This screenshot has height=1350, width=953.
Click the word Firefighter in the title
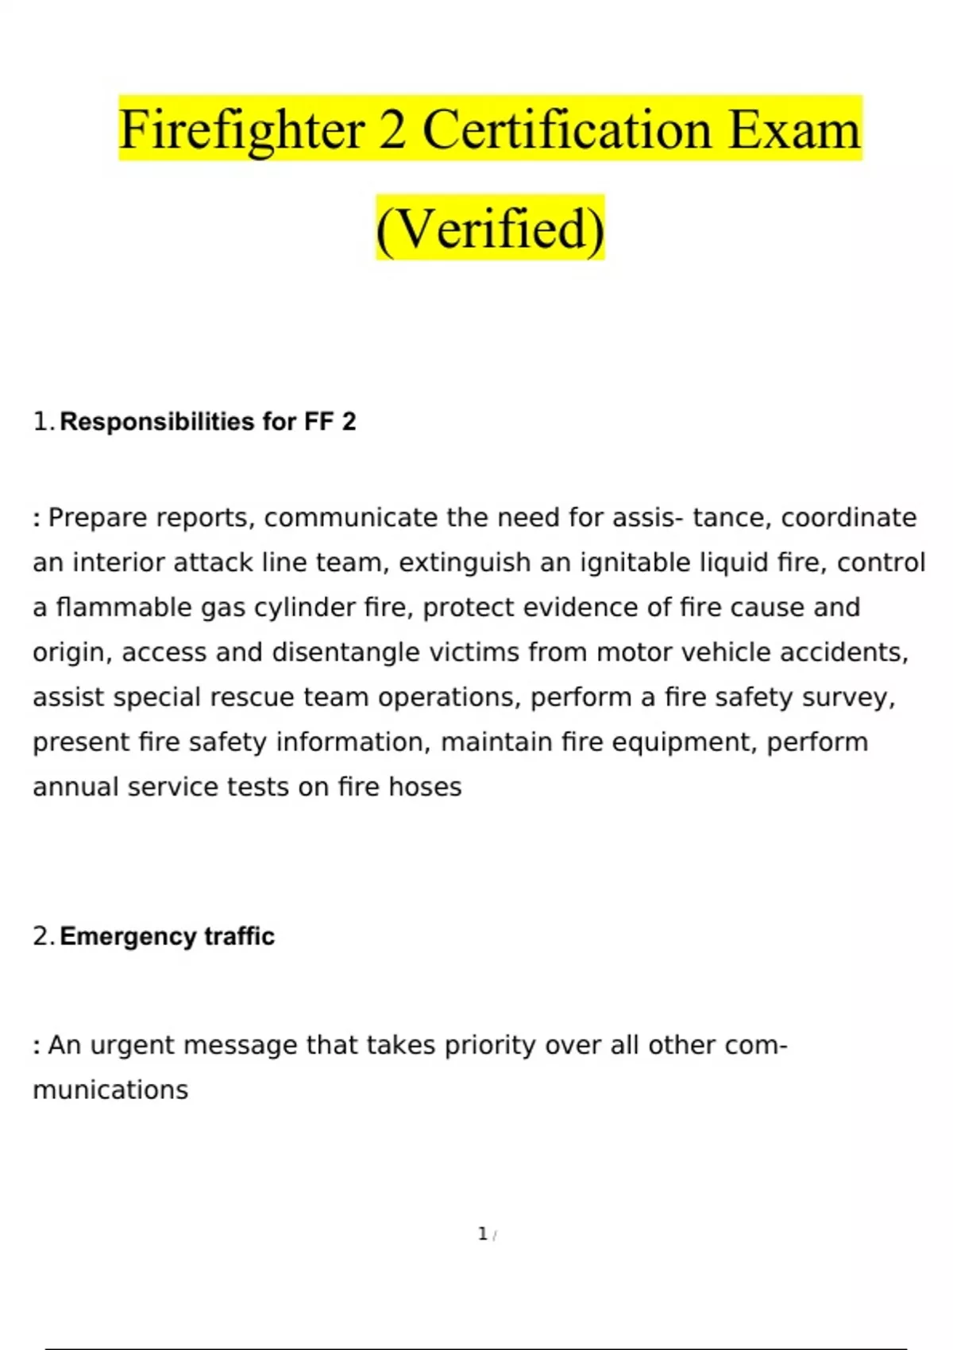pyautogui.click(x=241, y=130)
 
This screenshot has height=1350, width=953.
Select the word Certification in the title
pyautogui.click(x=567, y=130)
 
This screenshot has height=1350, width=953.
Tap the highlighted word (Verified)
pyautogui.click(x=490, y=229)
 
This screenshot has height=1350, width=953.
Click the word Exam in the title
pyautogui.click(x=794, y=130)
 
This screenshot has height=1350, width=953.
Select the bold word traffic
pyautogui.click(x=239, y=936)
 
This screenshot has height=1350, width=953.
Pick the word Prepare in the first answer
pyautogui.click(x=98, y=518)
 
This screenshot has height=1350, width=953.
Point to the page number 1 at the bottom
pyautogui.click(x=482, y=1234)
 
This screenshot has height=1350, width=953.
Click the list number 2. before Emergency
pyautogui.click(x=43, y=936)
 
